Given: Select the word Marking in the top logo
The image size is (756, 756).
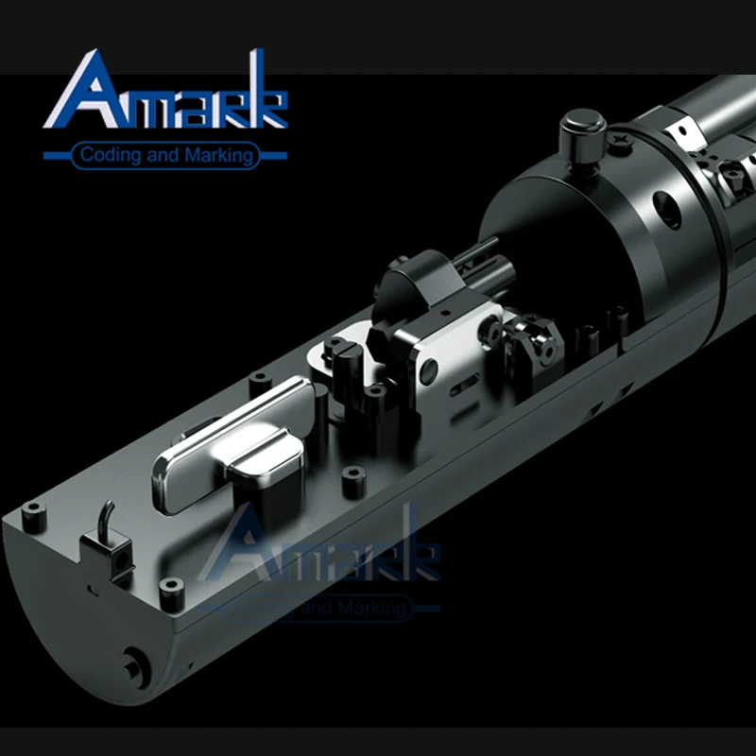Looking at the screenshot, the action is click(219, 156).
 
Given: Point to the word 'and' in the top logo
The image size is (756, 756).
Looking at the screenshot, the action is click(163, 155).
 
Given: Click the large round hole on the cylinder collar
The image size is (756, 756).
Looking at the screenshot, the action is click(667, 210).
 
